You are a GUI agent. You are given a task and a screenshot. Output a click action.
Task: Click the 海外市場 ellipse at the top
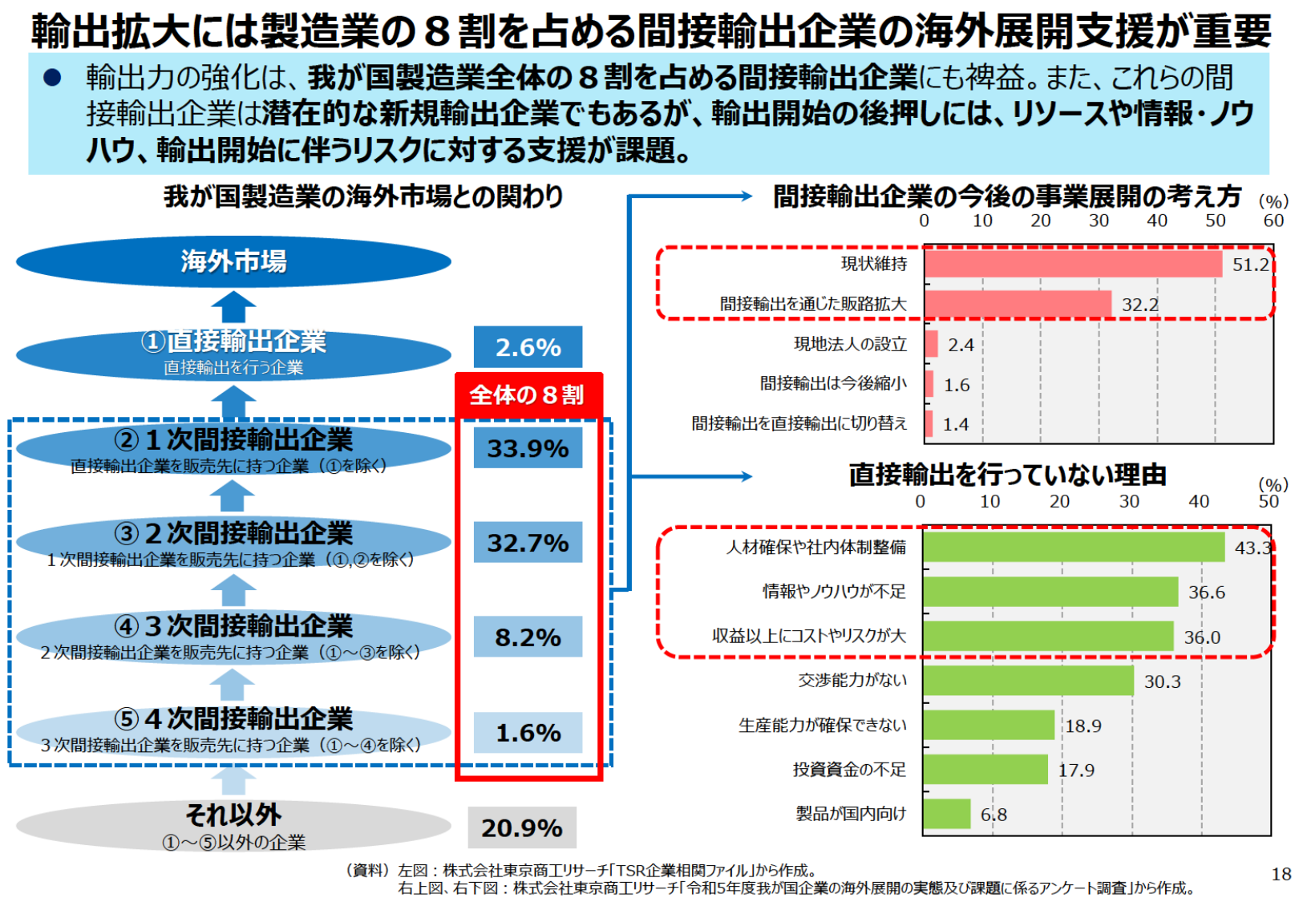(x=233, y=261)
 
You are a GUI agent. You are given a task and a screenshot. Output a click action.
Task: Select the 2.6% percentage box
(x=528, y=347)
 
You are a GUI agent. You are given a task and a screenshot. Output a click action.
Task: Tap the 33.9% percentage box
(x=528, y=448)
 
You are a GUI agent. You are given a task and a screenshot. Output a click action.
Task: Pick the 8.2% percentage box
(x=528, y=637)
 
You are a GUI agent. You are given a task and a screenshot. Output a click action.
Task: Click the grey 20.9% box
(x=522, y=827)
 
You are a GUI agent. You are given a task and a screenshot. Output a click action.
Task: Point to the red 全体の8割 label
(x=528, y=394)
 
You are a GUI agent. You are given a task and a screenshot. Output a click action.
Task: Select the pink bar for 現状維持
(x=1073, y=264)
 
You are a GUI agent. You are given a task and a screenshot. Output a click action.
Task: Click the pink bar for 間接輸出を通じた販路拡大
(x=1018, y=304)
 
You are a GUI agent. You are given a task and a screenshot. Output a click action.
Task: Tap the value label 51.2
(x=1250, y=265)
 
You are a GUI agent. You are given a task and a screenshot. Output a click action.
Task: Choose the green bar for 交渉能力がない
(x=1028, y=681)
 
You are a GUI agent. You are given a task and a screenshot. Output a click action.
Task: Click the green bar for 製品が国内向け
(x=946, y=814)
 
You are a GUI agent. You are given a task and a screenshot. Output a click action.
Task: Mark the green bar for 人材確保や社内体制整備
(x=1074, y=547)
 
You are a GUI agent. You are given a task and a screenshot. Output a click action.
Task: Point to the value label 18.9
(x=1083, y=726)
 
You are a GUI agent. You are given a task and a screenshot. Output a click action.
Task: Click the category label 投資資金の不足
(x=849, y=770)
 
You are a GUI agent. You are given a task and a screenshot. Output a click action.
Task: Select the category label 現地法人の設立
(x=850, y=344)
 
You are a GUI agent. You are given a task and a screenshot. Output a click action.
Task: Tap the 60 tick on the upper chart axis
(x=1273, y=220)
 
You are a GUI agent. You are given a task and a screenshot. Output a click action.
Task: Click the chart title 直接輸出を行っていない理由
(x=1007, y=475)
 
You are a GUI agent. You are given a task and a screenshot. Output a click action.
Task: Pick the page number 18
(x=1281, y=874)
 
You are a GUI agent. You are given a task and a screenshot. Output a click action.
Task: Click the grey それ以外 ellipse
(x=233, y=826)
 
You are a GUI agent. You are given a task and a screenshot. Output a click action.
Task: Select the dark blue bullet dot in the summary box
(x=52, y=78)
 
